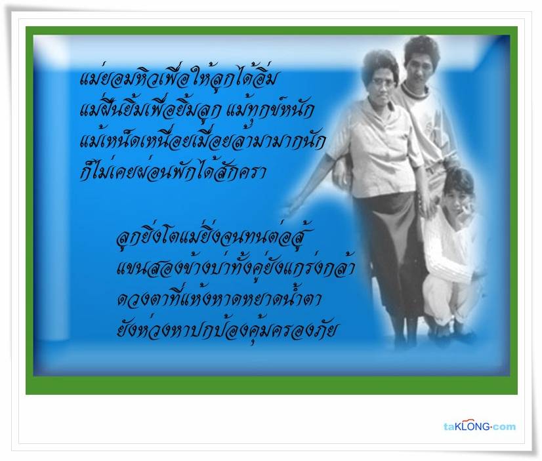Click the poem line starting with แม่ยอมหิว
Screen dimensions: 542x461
pos(178,79)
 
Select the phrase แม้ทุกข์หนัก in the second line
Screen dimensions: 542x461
pos(270,110)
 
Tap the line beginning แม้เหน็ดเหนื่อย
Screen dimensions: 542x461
pos(202,140)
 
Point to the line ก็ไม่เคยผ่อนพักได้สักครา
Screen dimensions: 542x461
pos(173,171)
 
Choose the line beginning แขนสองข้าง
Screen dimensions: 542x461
pos(236,268)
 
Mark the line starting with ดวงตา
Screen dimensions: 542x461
pos(219,298)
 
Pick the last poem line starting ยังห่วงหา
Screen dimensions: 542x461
pos(226,329)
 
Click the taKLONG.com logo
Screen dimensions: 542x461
pos(480,426)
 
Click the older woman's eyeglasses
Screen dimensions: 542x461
pos(383,82)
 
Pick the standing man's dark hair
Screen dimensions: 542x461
pos(422,49)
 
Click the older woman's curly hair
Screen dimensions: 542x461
pos(379,64)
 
